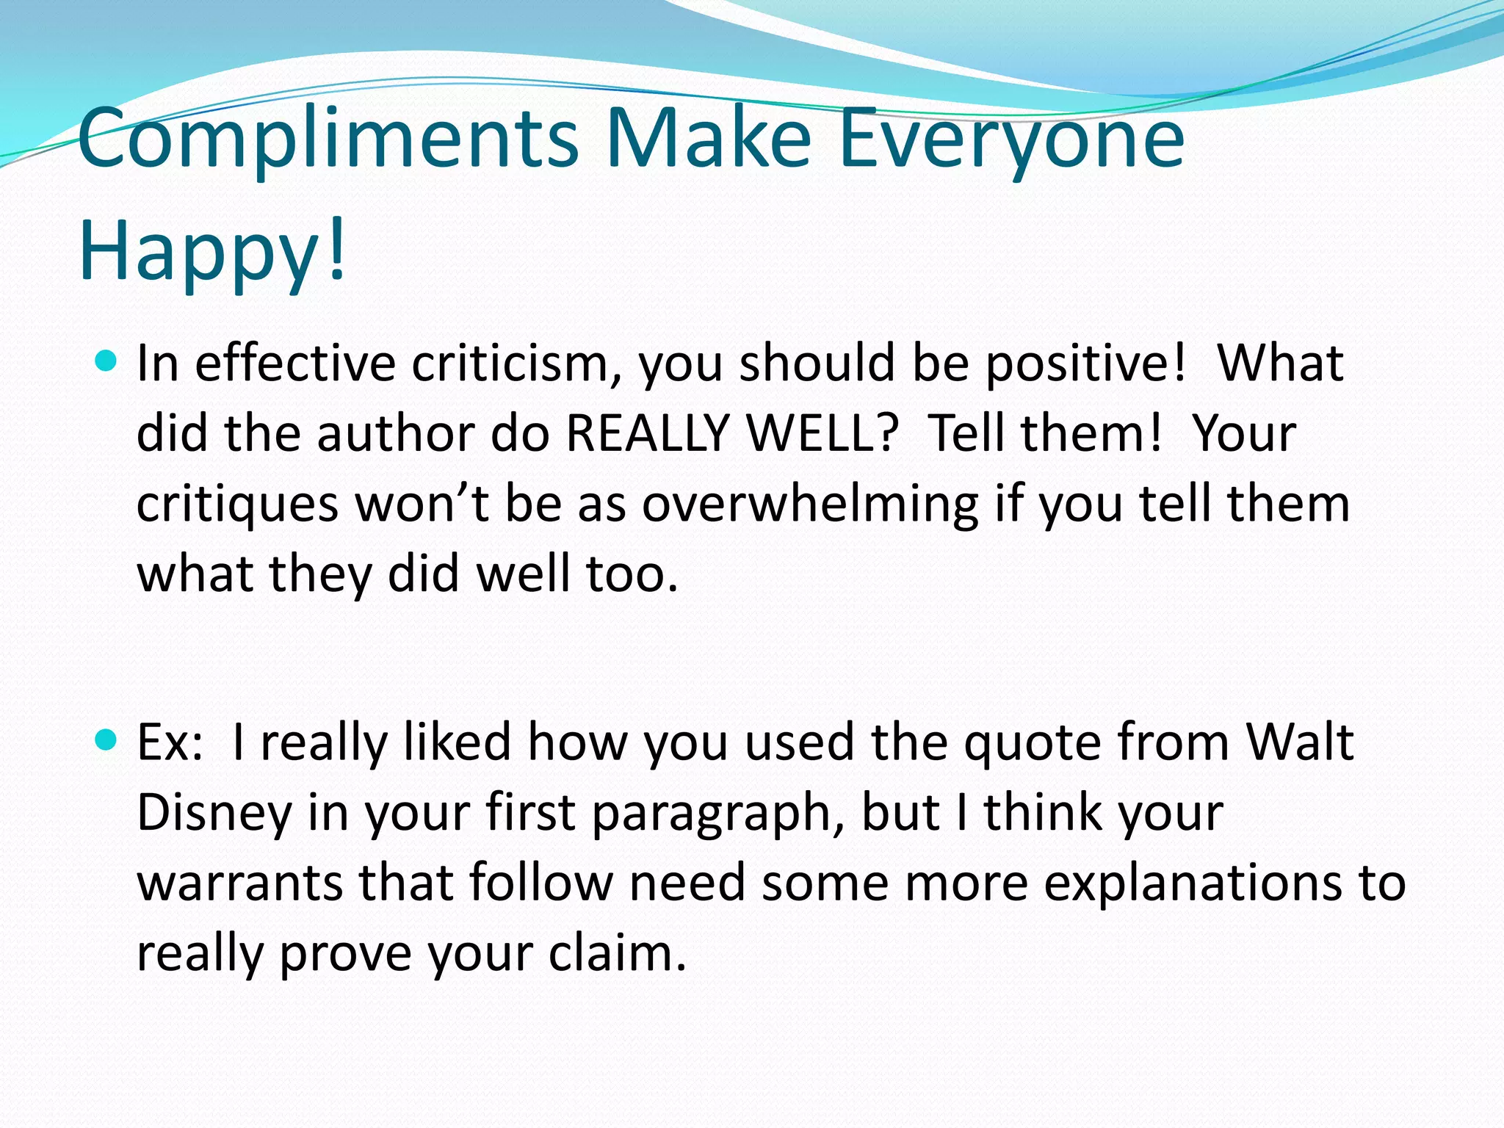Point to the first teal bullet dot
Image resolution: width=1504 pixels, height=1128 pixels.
106,361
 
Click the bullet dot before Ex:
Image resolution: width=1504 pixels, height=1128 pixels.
106,740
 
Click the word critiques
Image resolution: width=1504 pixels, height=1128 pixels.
237,505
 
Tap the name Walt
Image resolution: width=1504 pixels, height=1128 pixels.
1300,742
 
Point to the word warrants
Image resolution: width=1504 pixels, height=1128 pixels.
239,883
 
